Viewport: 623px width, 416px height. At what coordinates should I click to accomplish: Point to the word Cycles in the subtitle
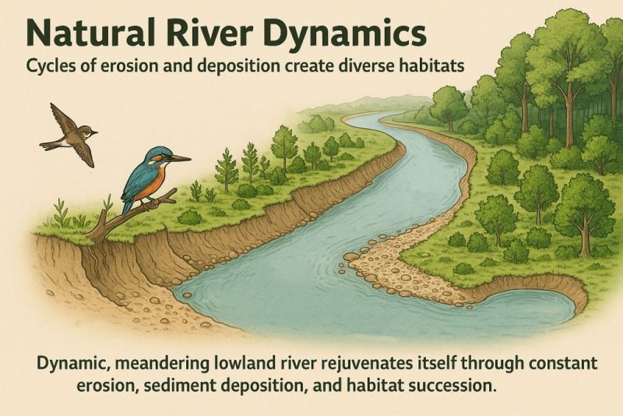[51, 66]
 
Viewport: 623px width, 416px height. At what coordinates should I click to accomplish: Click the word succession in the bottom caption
[460, 385]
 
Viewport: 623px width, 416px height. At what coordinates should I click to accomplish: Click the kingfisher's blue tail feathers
[127, 203]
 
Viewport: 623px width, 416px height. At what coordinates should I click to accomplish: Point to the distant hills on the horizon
[366, 104]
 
